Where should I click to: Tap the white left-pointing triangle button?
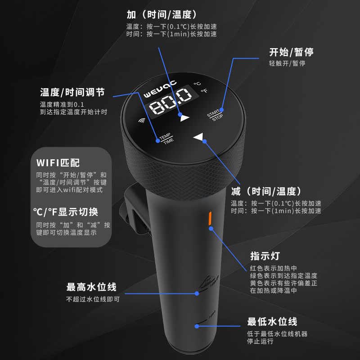pos(198,137)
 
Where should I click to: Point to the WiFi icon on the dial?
pos(142,120)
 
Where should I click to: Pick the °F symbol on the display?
pos(204,91)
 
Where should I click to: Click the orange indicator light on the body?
pos(209,218)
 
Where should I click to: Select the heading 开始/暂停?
pos(291,52)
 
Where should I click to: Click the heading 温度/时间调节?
pos(72,92)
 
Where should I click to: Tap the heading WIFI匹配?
pos(58,162)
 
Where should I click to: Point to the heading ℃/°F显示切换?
pos(65,211)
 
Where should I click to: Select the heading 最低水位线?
pos(272,322)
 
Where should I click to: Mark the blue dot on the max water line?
pos(197,293)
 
